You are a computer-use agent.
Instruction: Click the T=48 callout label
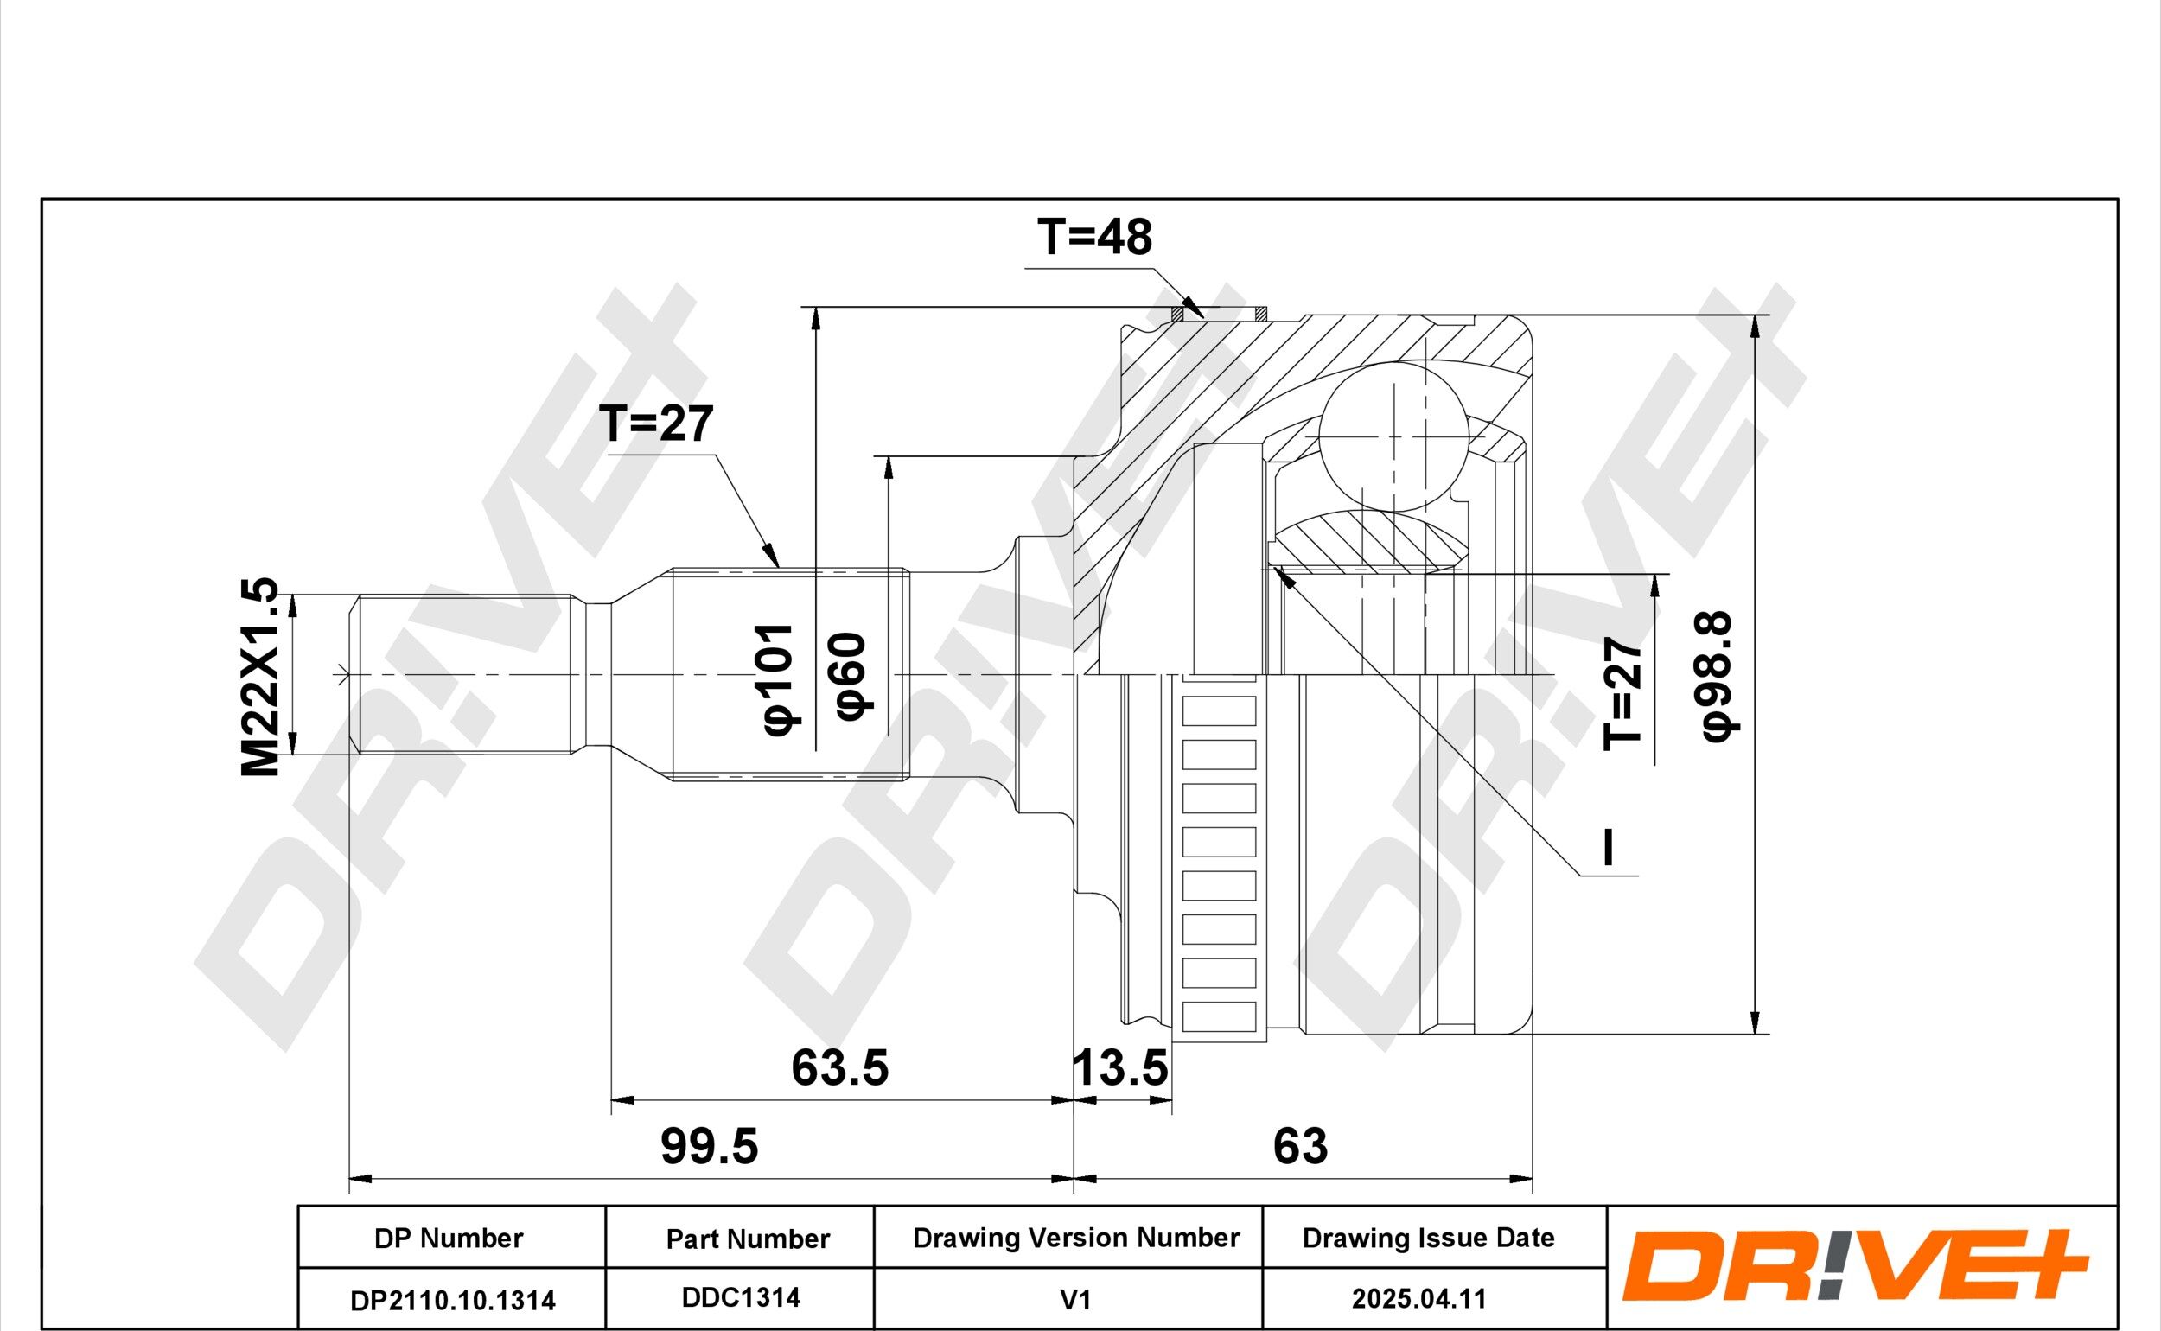pos(1094,238)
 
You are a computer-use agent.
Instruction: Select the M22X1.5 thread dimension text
pos(260,677)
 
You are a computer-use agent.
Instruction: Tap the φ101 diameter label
pos(778,678)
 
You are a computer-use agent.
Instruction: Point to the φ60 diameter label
pos(851,675)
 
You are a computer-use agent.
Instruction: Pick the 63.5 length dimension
pos(839,1068)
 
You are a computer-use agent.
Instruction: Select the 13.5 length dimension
pos(1120,1068)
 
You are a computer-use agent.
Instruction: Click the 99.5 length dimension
pos(709,1147)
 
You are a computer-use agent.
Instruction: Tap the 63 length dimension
pos(1300,1147)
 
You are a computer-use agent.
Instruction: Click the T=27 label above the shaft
pos(656,424)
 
